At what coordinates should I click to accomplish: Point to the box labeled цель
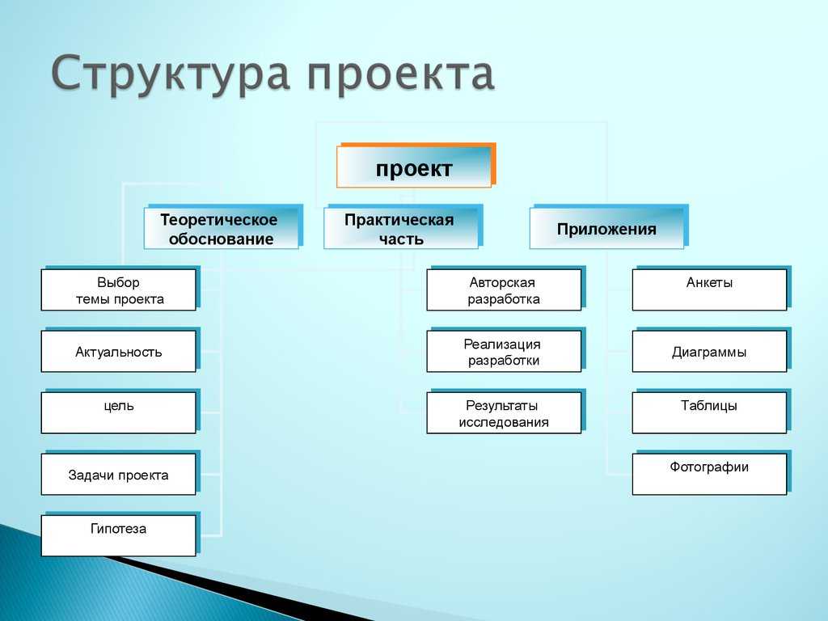(x=120, y=412)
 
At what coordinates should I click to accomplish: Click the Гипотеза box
(x=120, y=534)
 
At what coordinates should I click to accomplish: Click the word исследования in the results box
(x=504, y=422)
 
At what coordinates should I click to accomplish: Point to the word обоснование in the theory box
(x=222, y=239)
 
